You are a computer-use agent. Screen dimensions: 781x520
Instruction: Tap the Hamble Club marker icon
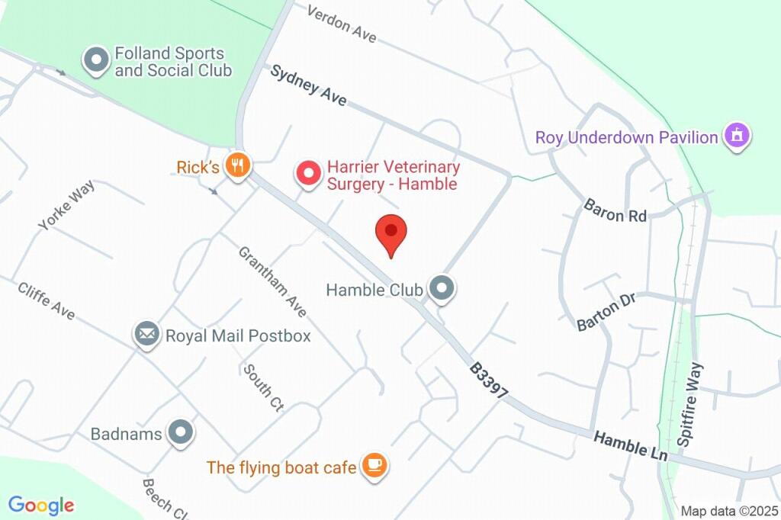click(x=442, y=289)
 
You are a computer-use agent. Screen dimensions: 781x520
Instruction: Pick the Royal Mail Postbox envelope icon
click(x=146, y=335)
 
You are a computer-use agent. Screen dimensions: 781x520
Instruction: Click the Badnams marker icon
click(x=181, y=433)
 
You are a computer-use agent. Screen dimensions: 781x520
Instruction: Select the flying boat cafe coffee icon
click(x=374, y=466)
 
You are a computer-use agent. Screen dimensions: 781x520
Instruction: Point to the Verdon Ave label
click(x=342, y=24)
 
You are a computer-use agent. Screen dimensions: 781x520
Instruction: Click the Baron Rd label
click(x=615, y=210)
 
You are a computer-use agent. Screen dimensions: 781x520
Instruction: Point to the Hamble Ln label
click(x=631, y=445)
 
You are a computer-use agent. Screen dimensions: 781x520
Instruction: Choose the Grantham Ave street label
click(x=272, y=281)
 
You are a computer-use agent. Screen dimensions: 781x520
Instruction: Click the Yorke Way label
click(x=66, y=204)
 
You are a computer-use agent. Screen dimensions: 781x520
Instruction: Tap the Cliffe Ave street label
click(x=46, y=301)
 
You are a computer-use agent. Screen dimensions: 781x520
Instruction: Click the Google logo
click(x=41, y=505)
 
